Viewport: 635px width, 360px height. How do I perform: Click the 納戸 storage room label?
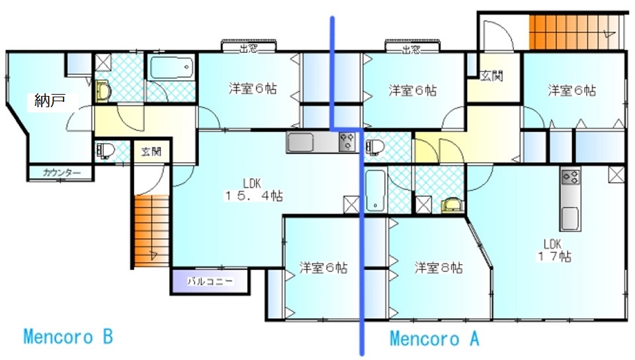50,100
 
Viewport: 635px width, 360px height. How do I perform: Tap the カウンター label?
62,173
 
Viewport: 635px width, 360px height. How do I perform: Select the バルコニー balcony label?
210,281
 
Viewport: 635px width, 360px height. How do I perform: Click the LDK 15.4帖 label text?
253,190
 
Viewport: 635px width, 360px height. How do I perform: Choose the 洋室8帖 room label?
438,267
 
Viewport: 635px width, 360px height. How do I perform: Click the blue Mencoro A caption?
435,339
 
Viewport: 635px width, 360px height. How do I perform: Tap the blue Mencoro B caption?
68,337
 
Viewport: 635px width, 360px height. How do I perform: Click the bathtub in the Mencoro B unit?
172,67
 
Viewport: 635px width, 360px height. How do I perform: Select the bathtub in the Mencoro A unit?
376,191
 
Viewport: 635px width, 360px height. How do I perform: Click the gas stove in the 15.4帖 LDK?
347,142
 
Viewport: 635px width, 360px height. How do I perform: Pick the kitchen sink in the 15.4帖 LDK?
300,142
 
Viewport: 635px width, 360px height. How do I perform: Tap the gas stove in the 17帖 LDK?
571,177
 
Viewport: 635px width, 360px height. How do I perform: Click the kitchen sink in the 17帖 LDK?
570,218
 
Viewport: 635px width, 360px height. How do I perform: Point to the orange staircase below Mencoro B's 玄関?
151,231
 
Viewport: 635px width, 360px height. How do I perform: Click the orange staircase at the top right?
575,32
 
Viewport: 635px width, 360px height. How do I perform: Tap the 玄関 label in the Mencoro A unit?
491,75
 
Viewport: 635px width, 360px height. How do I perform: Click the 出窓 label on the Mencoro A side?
411,50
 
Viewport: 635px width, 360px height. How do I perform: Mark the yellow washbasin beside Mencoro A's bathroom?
452,205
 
